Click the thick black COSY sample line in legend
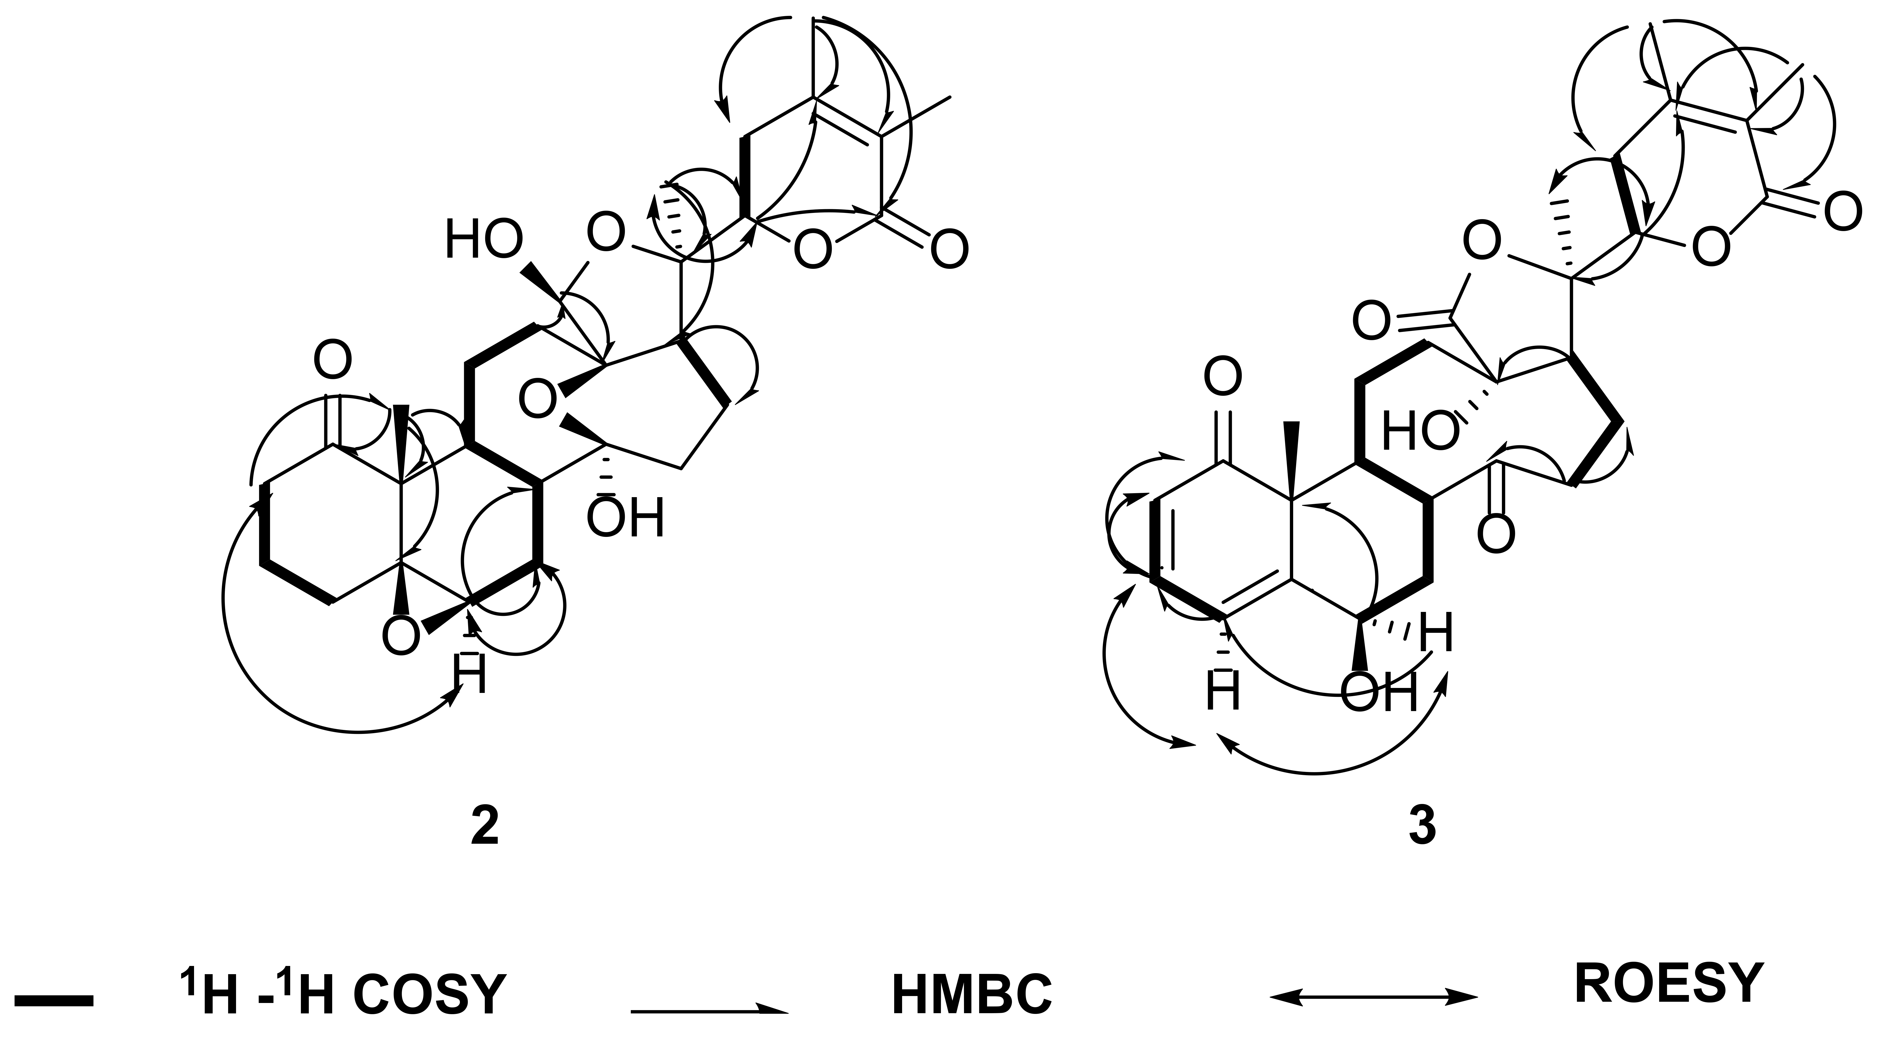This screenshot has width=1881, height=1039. [x=53, y=1001]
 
